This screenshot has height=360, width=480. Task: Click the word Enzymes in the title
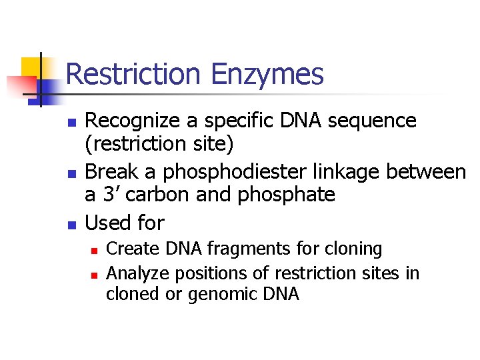[x=267, y=74]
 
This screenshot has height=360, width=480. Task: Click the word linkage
[x=347, y=171]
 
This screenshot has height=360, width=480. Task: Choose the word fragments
[x=239, y=249]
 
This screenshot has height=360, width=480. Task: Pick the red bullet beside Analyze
[x=94, y=274]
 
